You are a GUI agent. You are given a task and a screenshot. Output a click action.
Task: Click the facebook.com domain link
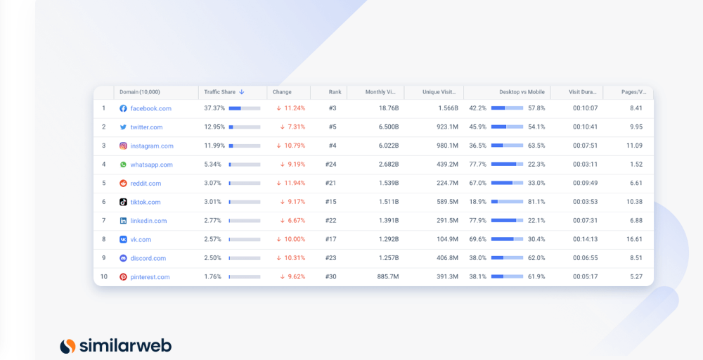click(150, 108)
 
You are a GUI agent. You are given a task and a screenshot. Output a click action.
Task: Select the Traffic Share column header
click(219, 92)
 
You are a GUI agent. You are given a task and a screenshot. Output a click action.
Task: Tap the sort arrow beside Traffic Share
click(242, 92)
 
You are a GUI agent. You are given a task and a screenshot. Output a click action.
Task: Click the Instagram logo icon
click(123, 146)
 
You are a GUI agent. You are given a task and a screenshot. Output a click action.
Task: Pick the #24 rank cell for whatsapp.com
click(331, 165)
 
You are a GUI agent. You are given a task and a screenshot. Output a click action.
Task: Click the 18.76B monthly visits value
click(389, 108)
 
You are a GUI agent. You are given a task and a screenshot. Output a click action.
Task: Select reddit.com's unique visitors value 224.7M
click(447, 184)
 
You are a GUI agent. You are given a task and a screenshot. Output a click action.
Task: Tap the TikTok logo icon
click(123, 202)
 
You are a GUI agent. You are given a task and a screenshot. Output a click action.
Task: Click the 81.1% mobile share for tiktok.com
click(536, 202)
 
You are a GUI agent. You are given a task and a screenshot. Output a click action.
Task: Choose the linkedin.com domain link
click(148, 221)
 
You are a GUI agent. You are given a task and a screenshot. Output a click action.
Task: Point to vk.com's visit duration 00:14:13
click(585, 239)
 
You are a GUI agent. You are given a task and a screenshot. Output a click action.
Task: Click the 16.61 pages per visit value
click(634, 239)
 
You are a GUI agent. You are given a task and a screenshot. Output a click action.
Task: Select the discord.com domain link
click(148, 258)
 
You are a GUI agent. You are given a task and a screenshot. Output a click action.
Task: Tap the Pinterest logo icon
click(123, 277)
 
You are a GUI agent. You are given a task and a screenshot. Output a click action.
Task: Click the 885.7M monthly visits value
click(388, 277)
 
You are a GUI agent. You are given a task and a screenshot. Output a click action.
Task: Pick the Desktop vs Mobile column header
click(522, 92)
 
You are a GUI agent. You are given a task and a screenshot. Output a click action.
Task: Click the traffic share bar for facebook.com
click(245, 108)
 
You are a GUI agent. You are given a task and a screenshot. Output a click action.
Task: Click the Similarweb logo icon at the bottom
click(67, 346)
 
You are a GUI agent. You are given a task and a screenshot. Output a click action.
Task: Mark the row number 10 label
click(104, 277)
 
